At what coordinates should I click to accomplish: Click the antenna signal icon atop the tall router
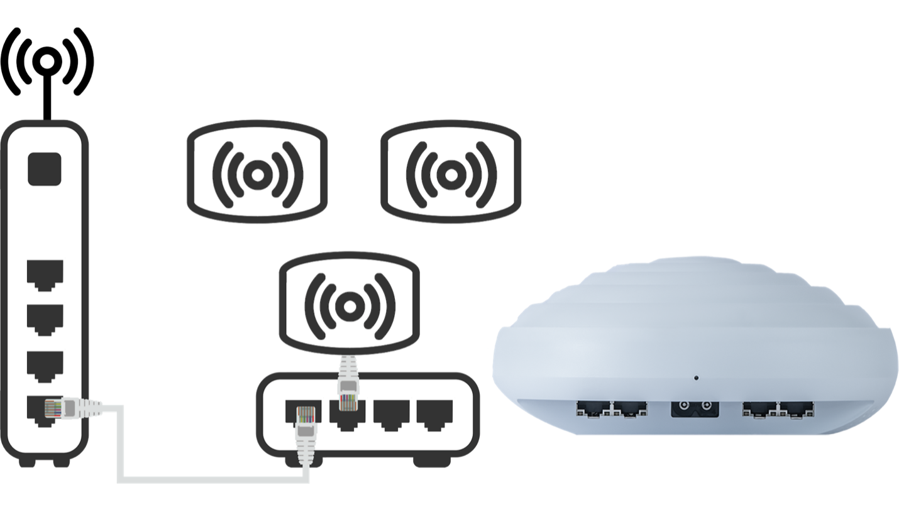point(47,60)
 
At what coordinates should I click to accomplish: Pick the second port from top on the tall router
point(45,320)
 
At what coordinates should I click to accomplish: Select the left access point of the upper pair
point(254,172)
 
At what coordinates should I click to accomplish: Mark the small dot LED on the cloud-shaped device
point(696,378)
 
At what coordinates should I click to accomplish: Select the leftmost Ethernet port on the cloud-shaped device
point(594,410)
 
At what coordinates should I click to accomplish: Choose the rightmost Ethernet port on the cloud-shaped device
point(796,410)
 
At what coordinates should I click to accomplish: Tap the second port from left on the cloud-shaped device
point(631,410)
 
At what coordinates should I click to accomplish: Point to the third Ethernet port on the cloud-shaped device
point(759,410)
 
